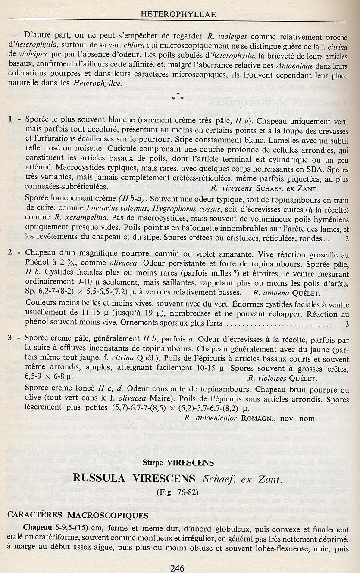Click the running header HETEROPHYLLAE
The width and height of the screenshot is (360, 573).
178,15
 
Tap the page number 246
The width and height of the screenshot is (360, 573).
178,568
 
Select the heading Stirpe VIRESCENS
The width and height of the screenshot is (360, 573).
178,463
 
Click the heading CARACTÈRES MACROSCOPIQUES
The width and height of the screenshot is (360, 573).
78,516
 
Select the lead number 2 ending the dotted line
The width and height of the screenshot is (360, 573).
347,238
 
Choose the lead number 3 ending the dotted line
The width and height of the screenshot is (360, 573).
347,323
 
